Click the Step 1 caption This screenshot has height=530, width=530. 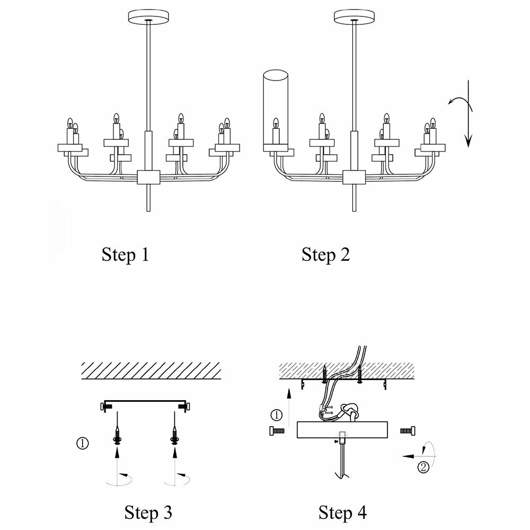tap(125, 255)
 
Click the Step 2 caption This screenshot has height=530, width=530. tap(325, 255)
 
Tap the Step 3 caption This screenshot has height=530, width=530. tap(148, 513)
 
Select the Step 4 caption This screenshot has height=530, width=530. tap(342, 513)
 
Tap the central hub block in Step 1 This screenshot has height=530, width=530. tap(148, 177)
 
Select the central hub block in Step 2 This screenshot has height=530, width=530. tap(354, 177)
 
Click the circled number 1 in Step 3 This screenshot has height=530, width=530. tap(83, 443)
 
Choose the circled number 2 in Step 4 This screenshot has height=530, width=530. tap(423, 467)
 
